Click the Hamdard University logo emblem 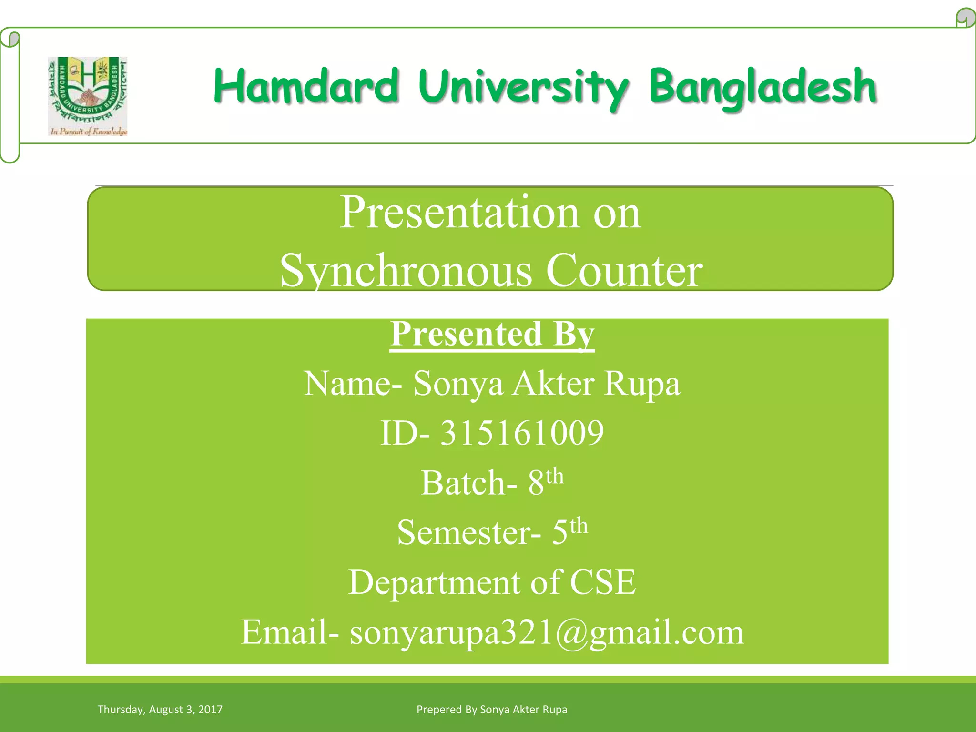coord(88,91)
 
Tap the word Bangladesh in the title coord(762,87)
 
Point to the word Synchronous coord(406,271)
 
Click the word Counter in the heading coord(624,271)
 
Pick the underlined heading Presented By coord(492,334)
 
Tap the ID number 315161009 coord(522,433)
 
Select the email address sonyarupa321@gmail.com coord(547,632)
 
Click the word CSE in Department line coord(602,582)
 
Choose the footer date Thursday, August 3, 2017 coord(160,710)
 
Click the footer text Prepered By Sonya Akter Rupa coord(492,710)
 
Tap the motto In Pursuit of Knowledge coord(89,132)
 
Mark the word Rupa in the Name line coord(642,384)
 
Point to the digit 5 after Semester coord(560,532)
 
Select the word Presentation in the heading coord(459,213)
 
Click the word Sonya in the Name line coord(458,384)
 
